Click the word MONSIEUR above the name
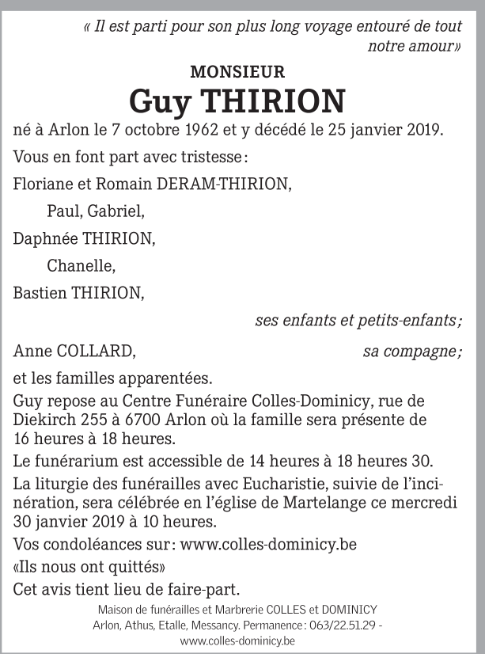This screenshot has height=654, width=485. pos(237,72)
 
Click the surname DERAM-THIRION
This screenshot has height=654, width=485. pos(224,184)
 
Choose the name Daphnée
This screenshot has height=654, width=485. pos(42,239)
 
